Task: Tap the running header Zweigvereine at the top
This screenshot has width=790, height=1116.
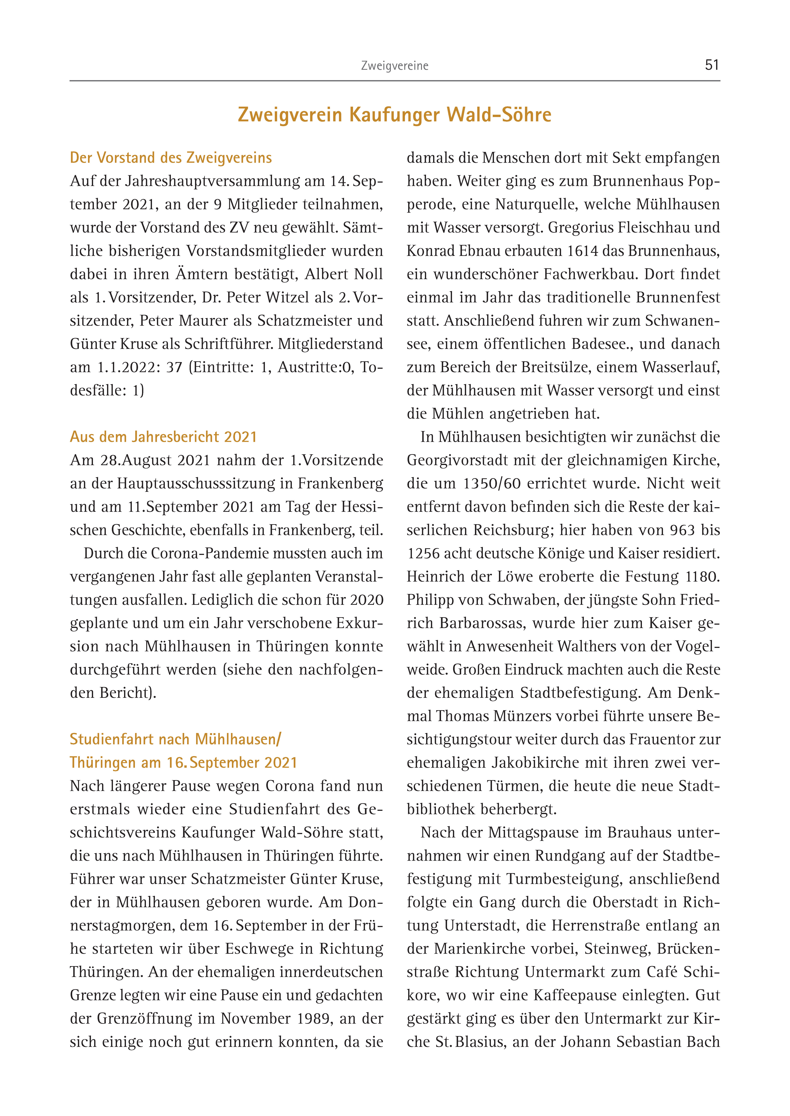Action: point(395,66)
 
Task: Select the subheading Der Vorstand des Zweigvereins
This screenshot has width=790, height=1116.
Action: point(171,158)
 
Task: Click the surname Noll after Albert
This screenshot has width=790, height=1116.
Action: point(368,274)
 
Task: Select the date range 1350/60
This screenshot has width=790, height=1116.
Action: point(492,483)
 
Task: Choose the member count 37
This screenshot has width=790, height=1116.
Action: point(174,367)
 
